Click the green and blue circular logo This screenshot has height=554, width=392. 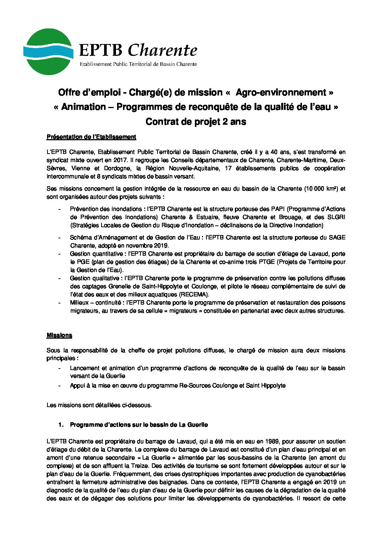[47, 52]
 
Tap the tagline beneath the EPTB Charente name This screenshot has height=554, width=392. [139, 64]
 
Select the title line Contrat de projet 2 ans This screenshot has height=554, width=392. [196, 121]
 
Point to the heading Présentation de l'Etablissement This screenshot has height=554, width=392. [91, 137]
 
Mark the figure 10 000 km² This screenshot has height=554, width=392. [321, 189]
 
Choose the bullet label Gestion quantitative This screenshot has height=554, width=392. [98, 254]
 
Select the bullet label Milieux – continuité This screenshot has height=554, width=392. [96, 303]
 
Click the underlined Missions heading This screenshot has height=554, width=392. [59, 336]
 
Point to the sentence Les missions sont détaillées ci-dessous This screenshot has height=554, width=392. [99, 405]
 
